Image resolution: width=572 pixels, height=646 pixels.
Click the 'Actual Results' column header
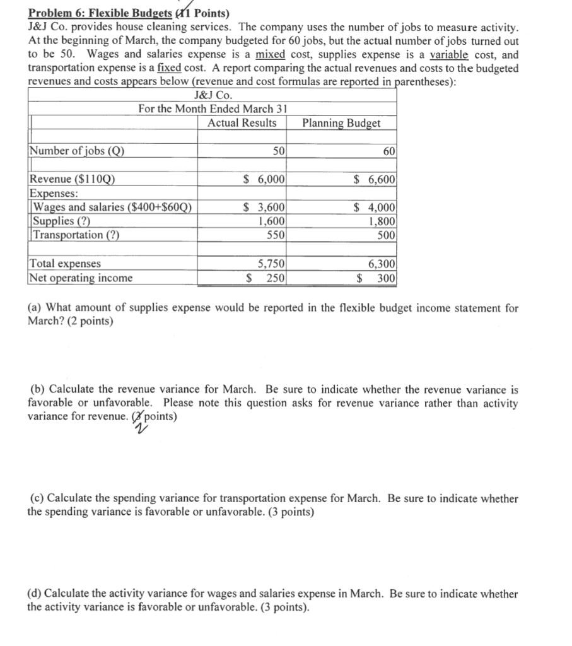click(242, 122)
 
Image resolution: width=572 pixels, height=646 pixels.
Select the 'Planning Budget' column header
click(341, 123)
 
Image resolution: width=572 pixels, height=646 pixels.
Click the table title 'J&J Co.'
click(214, 95)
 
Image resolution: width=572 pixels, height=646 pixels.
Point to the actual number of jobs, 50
click(277, 151)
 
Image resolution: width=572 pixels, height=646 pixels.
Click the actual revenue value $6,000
click(264, 179)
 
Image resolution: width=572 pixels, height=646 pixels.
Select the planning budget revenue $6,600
click(375, 179)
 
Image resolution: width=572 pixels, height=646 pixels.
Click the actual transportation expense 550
click(276, 235)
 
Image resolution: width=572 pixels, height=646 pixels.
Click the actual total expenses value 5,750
click(272, 264)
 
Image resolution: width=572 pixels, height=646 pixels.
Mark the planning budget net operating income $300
click(377, 278)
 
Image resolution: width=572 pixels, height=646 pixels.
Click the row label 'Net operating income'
click(81, 278)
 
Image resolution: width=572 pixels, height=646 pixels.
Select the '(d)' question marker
click(35, 594)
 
